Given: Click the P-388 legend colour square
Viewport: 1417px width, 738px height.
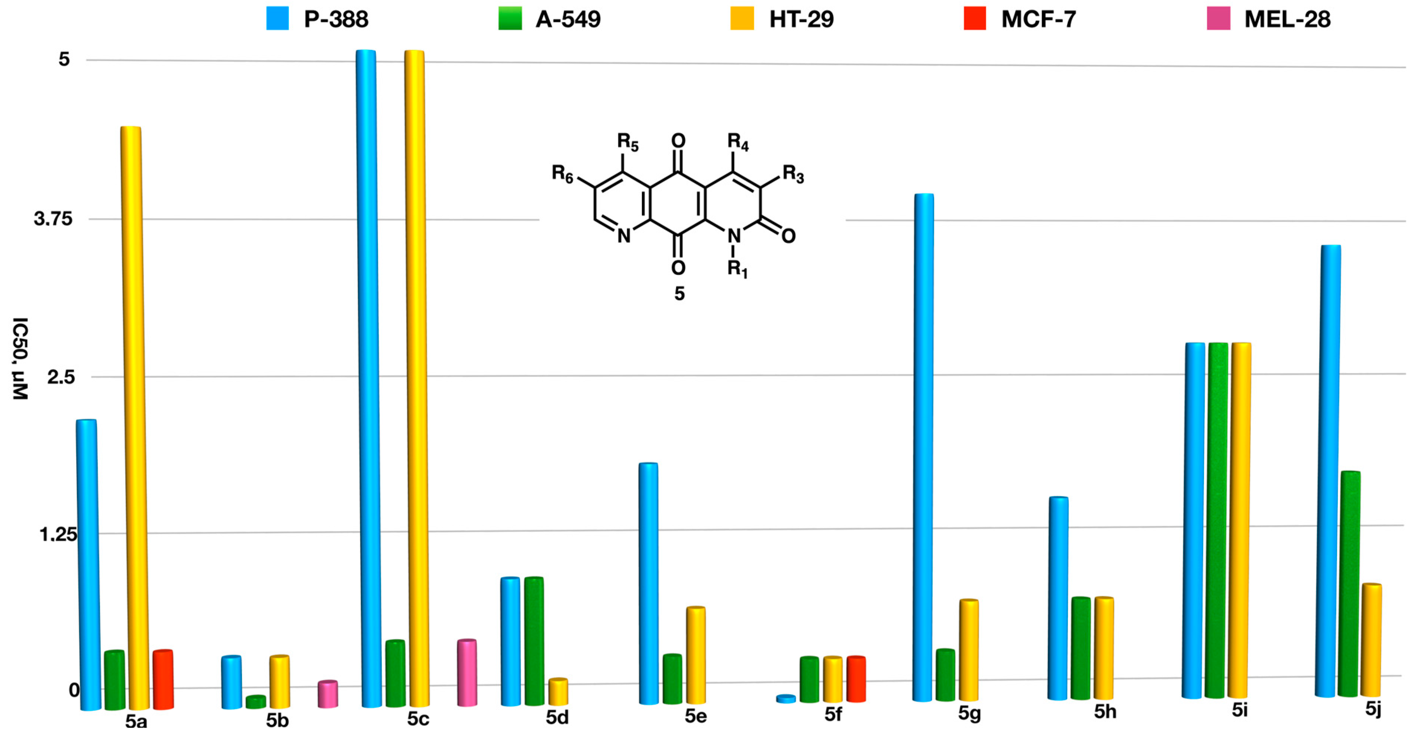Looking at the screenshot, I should (x=277, y=18).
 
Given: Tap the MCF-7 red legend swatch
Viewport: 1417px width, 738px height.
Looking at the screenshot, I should (x=974, y=18).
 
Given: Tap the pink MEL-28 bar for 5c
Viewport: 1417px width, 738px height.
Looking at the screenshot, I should (x=467, y=673).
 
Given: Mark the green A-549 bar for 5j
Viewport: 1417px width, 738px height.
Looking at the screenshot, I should (x=1349, y=583).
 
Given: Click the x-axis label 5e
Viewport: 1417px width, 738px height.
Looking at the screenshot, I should (x=695, y=716).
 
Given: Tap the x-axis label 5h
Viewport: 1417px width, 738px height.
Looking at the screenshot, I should (x=1104, y=712).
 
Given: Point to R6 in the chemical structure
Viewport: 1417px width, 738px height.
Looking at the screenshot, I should (x=562, y=174).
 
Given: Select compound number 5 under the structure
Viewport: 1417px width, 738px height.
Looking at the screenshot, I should (x=680, y=293).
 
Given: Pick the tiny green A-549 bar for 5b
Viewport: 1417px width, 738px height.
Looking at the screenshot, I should (x=256, y=702).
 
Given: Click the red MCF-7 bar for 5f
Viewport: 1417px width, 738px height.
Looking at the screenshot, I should (x=856, y=679).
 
